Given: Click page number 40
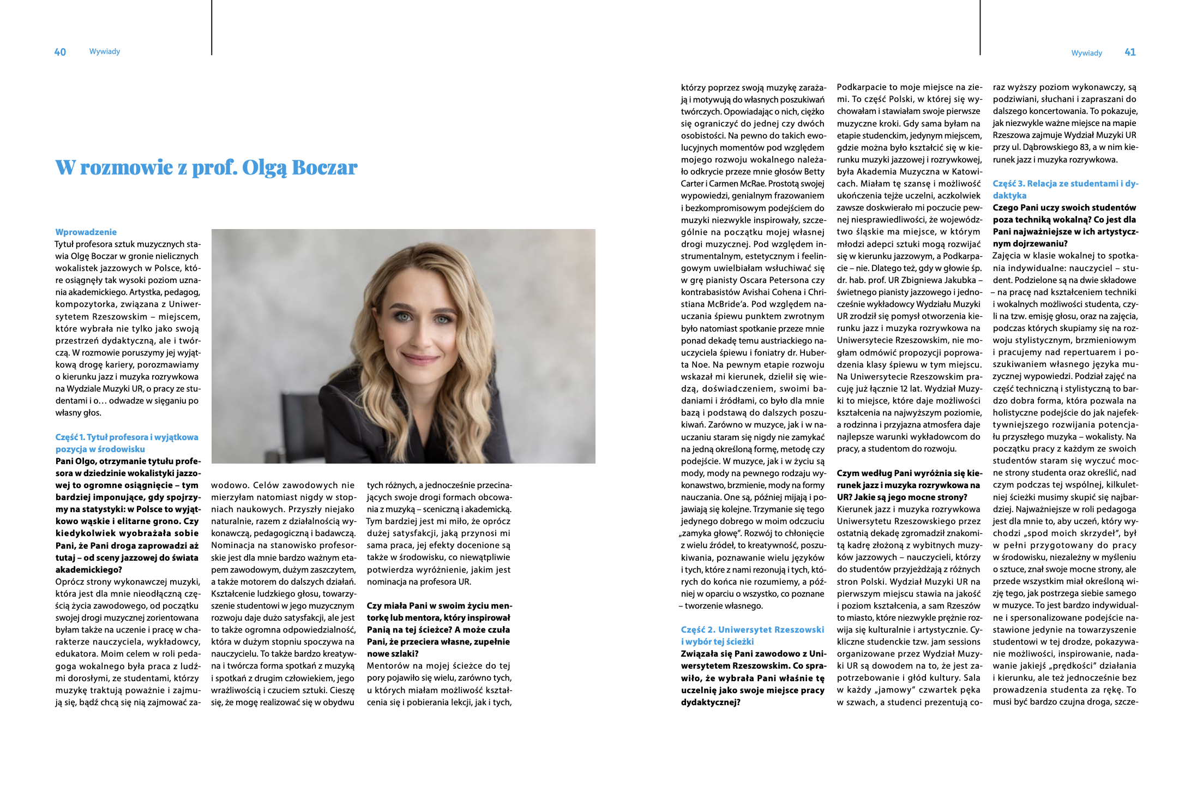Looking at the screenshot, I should pos(60,52).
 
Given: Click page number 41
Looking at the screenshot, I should pos(1130,52).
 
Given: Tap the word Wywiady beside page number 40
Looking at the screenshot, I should pos(104,51).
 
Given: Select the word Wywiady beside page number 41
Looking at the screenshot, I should pos(1086,53).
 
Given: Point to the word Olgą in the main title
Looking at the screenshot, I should pos(264,168).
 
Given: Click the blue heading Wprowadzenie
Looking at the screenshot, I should pos(86,232).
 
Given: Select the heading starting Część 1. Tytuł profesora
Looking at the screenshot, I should pos(127,443).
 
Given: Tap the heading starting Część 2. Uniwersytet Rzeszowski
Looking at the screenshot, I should pos(752,635).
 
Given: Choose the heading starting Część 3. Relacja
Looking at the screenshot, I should pos(1065,189).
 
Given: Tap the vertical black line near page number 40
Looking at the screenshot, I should pos(212,27).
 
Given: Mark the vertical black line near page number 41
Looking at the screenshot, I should pos(980,27).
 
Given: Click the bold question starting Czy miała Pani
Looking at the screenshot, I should pos(439,629).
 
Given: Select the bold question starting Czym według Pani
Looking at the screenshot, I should pos(909,485).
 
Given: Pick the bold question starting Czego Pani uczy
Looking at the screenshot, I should pos(1065,225).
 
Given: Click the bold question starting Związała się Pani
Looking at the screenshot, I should pos(753,677).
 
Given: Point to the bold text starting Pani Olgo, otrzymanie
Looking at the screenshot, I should pos(128,515).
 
